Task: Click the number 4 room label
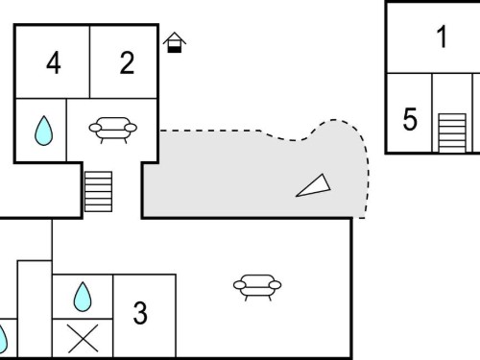point(54,63)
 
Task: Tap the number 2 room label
point(127,63)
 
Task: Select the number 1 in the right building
point(442,36)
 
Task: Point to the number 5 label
point(410,119)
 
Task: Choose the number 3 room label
point(140,313)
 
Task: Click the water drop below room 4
point(43,131)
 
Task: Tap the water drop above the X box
point(83,297)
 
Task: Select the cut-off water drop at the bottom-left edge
point(3,338)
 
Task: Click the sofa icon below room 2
point(113,130)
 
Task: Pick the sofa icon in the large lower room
point(257,287)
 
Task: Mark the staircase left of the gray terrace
point(98,192)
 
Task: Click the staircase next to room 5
point(452,132)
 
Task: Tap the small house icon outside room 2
point(175,42)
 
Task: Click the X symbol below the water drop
point(83,339)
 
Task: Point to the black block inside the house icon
point(175,49)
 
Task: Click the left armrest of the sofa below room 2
point(95,128)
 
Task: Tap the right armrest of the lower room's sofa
point(275,285)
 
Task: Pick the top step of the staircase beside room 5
point(452,116)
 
